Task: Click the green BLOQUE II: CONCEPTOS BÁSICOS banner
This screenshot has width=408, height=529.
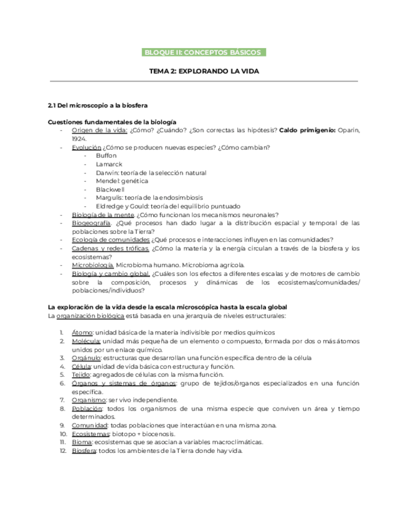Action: coord(204,52)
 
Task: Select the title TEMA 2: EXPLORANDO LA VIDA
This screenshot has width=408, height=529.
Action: coord(204,72)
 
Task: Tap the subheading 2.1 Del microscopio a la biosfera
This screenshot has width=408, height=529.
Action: coord(98,106)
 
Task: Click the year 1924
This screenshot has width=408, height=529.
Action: coord(79,138)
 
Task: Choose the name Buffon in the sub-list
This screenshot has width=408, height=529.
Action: coord(107,155)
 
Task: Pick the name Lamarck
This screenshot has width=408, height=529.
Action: coord(108,164)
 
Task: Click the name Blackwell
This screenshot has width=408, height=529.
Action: coord(110,189)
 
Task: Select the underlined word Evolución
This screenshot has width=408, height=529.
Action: coord(87,147)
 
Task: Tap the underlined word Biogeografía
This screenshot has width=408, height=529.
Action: coord(92,223)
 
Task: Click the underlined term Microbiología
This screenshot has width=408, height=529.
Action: coord(93,265)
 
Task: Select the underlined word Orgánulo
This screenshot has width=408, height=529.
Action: coord(86,358)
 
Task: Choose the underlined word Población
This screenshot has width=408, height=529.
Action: coord(87,408)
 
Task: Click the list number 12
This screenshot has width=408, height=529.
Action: coord(63,450)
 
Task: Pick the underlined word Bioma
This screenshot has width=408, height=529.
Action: coord(82,442)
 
